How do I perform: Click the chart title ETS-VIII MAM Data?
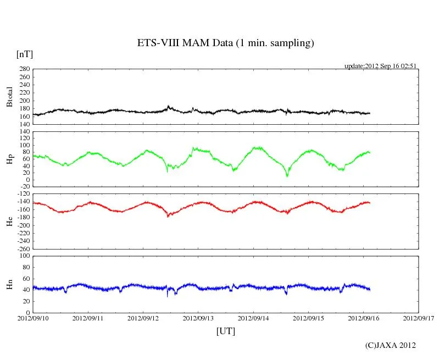pos(225,43)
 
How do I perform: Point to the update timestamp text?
pos(380,65)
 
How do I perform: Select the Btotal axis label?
pos(9,96)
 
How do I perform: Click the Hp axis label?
pos(9,159)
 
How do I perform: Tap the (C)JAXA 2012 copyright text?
pos(391,345)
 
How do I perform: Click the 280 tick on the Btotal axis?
pos(25,69)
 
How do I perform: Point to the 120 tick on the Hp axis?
pos(25,132)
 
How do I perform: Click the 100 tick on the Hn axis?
pos(25,256)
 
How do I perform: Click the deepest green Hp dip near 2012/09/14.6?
pos(287,176)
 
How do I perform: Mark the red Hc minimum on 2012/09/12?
pos(168,217)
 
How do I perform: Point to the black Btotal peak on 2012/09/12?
pos(168,106)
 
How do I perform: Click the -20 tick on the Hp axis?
pos(25,186)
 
